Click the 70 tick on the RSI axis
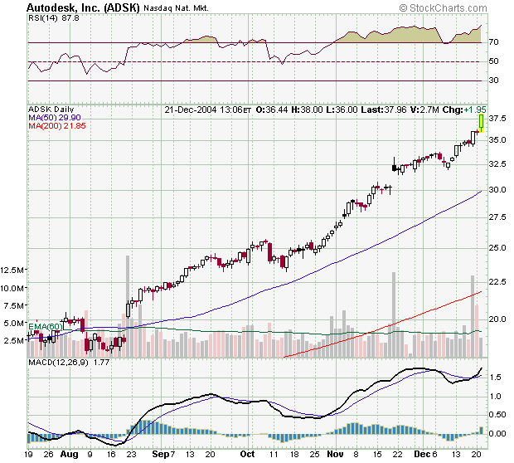click(x=492, y=42)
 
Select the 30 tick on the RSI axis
click(x=492, y=80)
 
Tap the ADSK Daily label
click(x=51, y=109)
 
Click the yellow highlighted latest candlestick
click(x=481, y=123)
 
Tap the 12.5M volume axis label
click(x=12, y=270)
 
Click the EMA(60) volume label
click(x=46, y=326)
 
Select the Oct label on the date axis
click(x=246, y=456)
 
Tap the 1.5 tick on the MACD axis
click(x=495, y=377)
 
